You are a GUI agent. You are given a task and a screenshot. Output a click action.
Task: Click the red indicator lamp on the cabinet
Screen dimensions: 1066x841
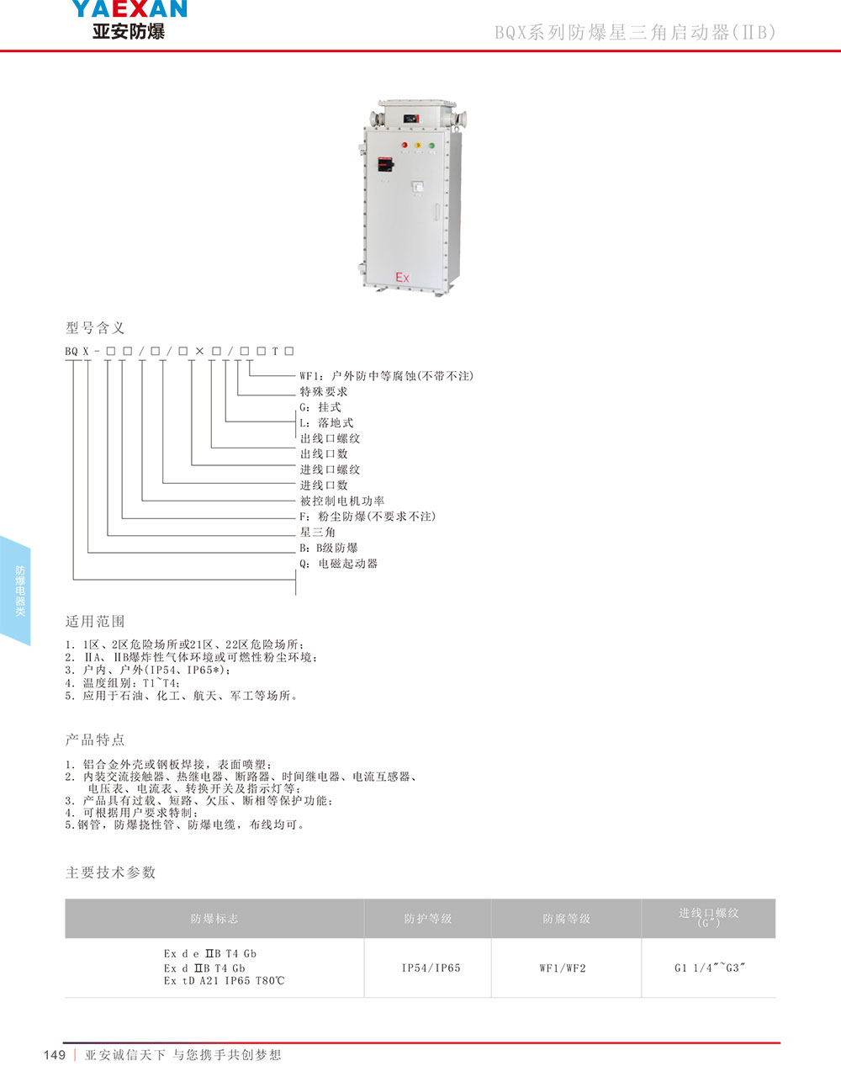pyautogui.click(x=405, y=146)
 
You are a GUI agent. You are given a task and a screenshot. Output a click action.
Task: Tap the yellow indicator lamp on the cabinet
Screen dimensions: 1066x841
pyautogui.click(x=418, y=146)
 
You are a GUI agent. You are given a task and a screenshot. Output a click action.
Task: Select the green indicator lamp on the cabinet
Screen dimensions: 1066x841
pyautogui.click(x=431, y=146)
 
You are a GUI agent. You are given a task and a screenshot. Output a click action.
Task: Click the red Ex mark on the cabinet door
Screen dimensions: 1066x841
pyautogui.click(x=402, y=277)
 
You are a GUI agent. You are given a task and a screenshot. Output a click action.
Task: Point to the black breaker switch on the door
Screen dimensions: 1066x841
pyautogui.click(x=384, y=163)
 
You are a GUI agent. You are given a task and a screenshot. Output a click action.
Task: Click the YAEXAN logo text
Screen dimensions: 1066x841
pyautogui.click(x=129, y=10)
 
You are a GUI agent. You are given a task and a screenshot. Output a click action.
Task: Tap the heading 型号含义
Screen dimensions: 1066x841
pyautogui.click(x=95, y=327)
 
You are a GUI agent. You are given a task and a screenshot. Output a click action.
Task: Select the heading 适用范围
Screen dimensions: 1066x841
pyautogui.click(x=95, y=621)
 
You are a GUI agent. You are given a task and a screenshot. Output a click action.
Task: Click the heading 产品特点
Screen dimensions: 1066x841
pyautogui.click(x=95, y=740)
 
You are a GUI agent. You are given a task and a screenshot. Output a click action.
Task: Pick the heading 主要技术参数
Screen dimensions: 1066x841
pyautogui.click(x=111, y=872)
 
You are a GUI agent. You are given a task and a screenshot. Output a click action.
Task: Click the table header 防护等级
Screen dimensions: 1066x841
pyautogui.click(x=428, y=919)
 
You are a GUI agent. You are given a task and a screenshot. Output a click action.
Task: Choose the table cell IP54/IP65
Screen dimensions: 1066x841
pyautogui.click(x=431, y=968)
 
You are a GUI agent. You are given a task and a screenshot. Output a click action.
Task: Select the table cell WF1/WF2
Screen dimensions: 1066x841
pyautogui.click(x=563, y=968)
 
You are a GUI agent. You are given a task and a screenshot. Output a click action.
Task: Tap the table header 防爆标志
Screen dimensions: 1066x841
pyautogui.click(x=214, y=919)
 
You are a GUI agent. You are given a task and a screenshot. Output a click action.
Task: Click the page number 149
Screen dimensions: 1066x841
pyautogui.click(x=55, y=1055)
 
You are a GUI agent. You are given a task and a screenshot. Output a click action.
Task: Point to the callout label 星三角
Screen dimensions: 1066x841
pyautogui.click(x=318, y=532)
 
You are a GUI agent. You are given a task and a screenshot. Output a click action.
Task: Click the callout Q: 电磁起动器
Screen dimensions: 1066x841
pyautogui.click(x=339, y=564)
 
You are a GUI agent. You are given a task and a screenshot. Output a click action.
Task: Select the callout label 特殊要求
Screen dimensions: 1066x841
pyautogui.click(x=324, y=391)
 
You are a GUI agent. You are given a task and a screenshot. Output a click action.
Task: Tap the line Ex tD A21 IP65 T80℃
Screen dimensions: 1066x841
pyautogui.click(x=225, y=981)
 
